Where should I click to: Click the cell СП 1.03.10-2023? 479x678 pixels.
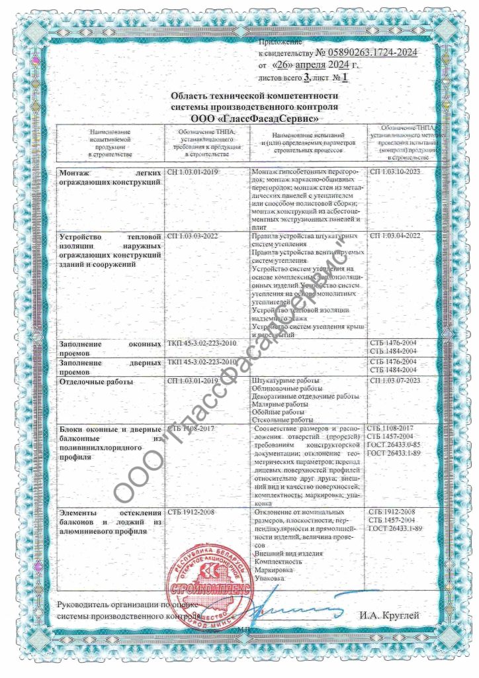[394, 172]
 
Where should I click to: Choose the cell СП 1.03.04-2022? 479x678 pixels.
[394, 236]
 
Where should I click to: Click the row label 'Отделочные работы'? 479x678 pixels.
[97, 382]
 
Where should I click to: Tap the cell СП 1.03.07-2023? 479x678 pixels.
[394, 381]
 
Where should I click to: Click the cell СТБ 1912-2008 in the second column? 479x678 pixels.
[189, 512]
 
